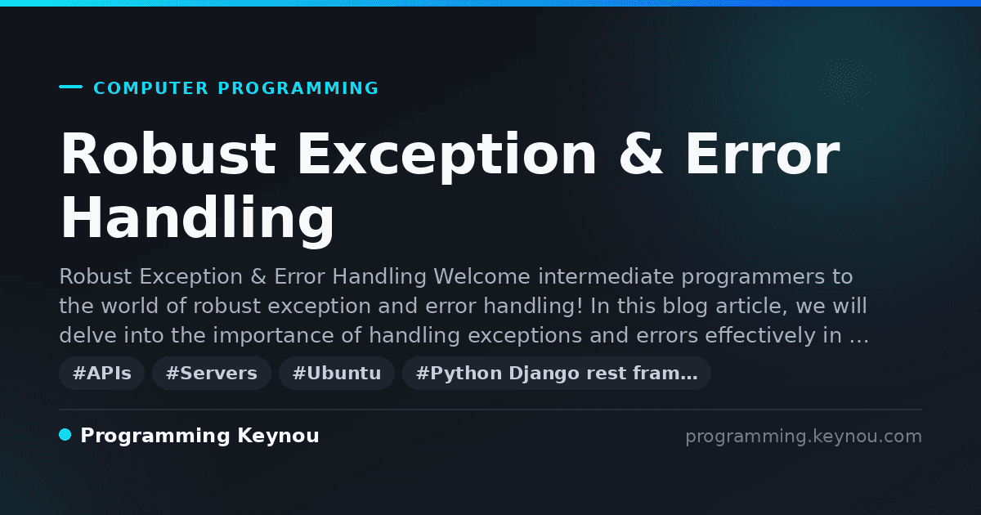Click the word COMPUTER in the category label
150,88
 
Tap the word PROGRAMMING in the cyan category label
298,88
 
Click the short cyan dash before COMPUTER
70,87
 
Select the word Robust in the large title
168,154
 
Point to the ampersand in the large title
641,154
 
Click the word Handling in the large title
198,218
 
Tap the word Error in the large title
763,154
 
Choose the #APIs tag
102,373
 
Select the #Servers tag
212,373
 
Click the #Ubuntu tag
337,373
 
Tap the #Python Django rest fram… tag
557,373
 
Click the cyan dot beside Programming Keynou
65,435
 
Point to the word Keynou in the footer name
278,437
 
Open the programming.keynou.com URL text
804,437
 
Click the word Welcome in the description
482,277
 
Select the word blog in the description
685,306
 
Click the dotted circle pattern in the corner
845,82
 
